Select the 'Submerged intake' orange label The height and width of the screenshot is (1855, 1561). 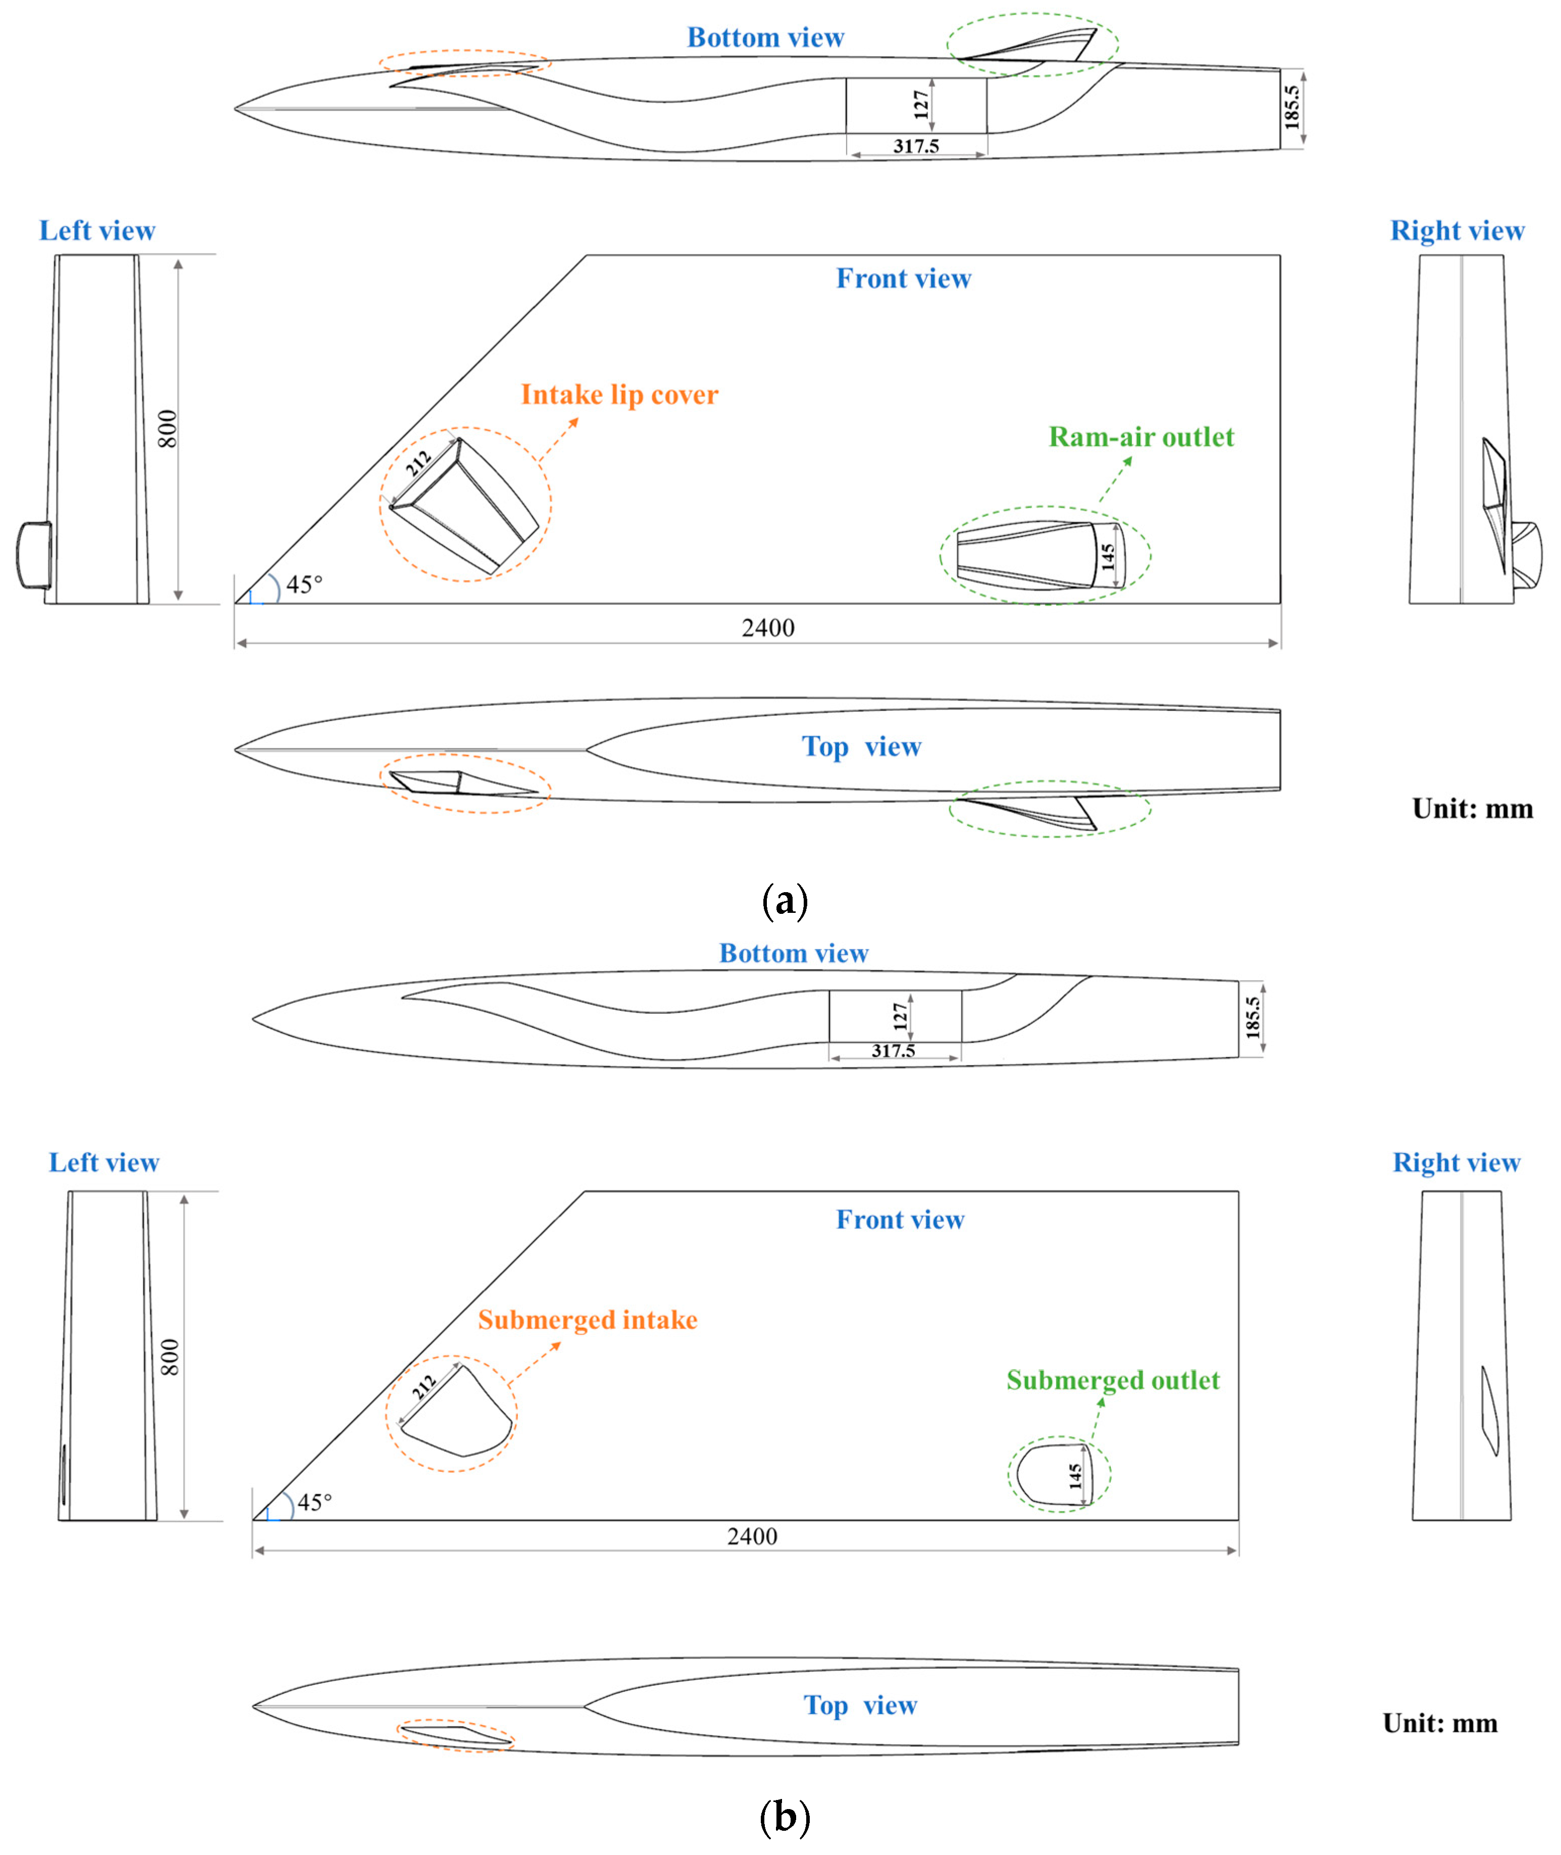coord(588,1320)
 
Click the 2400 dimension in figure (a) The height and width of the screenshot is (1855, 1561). coord(767,629)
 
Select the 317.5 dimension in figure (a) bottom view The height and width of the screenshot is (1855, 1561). coord(916,146)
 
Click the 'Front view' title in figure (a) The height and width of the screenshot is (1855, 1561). coord(904,279)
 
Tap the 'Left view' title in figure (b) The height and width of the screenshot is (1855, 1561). coord(103,1163)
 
